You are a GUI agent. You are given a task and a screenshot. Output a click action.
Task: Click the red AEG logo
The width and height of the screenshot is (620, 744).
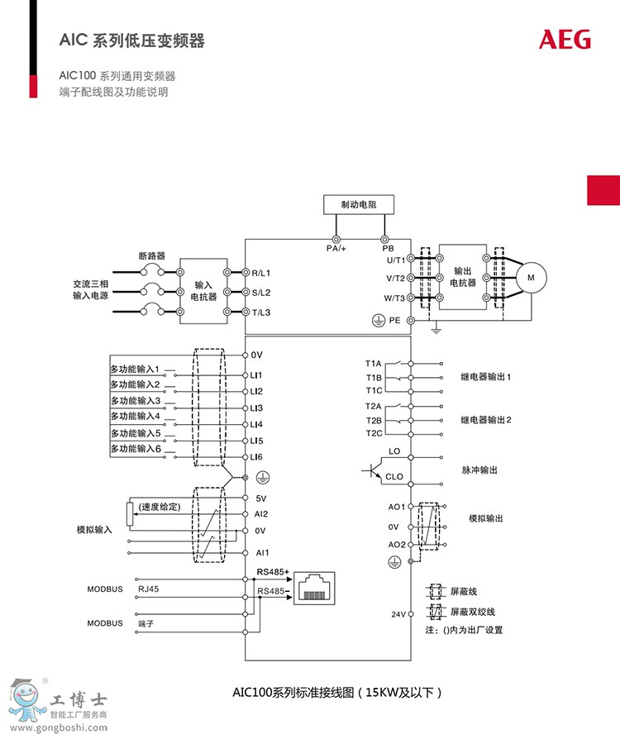pos(565,39)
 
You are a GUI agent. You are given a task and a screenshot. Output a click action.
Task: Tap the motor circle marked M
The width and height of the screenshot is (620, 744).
pos(532,278)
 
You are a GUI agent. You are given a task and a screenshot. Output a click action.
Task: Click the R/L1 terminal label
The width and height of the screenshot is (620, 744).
pos(262,272)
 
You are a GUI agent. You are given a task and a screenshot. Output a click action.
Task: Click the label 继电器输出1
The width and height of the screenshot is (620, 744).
pos(486,376)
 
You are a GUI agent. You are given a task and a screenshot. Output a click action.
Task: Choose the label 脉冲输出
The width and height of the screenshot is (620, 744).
pos(479,470)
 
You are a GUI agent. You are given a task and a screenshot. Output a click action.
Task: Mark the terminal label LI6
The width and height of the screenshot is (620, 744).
pos(256,457)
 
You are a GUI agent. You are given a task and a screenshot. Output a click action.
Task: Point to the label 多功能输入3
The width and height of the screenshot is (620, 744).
pos(136,401)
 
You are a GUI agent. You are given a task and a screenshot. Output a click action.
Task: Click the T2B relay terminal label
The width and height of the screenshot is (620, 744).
pos(374,420)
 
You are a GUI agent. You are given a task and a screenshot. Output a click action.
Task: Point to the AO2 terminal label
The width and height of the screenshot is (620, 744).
pos(397,545)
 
